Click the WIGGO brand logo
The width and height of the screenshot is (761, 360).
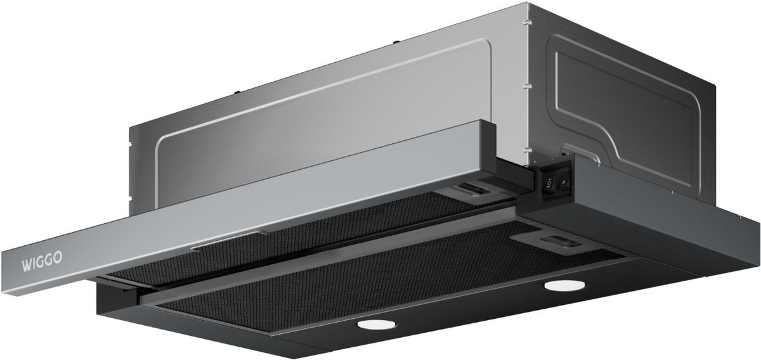42,262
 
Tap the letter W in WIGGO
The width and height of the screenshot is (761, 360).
27,265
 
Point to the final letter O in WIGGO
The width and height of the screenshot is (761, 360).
58,259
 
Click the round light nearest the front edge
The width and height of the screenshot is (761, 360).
377,325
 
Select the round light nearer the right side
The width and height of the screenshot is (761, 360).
564,285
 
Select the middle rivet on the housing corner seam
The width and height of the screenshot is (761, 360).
527,86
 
